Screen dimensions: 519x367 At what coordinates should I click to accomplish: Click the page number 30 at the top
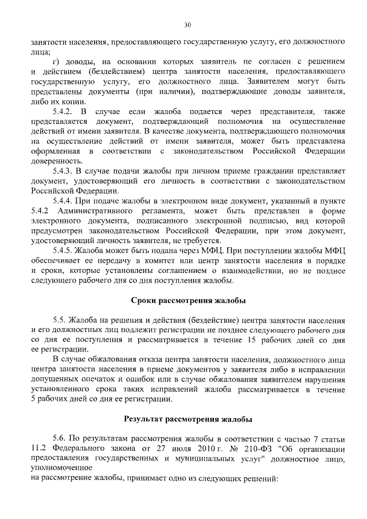point(187,25)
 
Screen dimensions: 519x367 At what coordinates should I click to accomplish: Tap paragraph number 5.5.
point(59,319)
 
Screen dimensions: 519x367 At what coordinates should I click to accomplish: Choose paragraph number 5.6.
point(59,439)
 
